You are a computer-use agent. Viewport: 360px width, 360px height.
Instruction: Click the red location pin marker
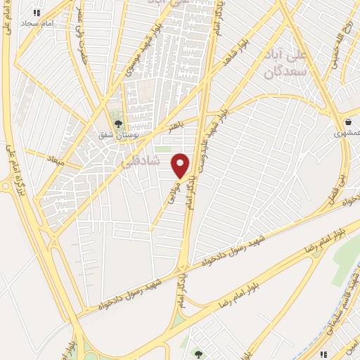coord(181,165)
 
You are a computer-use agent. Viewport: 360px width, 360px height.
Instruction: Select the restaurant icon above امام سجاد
coord(37,13)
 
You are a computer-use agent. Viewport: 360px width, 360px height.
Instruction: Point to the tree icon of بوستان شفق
coord(117,124)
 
